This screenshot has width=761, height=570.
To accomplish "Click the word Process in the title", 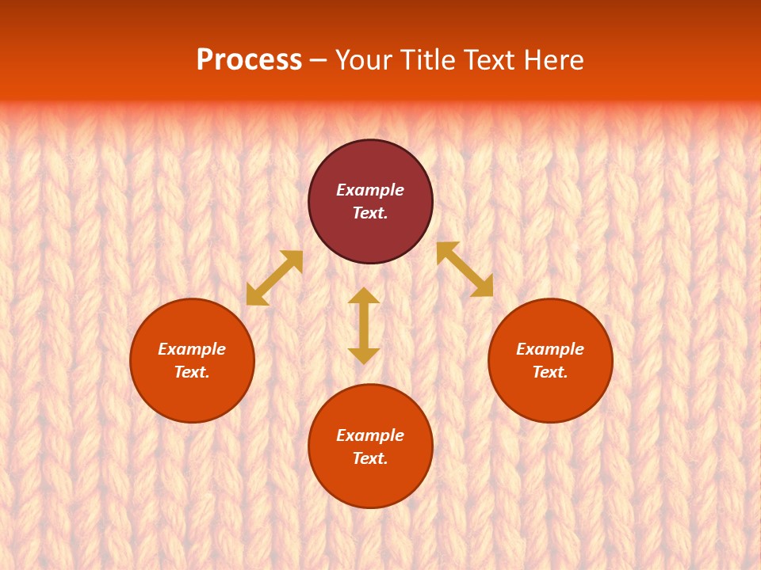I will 249,60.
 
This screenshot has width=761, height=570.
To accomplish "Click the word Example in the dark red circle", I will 370,190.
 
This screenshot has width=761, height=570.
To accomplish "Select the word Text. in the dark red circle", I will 370,213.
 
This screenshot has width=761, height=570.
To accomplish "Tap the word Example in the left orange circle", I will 192,349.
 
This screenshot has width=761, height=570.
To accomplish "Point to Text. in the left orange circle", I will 192,372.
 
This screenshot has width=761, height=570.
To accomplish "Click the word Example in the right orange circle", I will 550,349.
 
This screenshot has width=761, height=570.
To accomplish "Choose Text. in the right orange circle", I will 550,372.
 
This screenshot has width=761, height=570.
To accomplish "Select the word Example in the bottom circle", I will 370,435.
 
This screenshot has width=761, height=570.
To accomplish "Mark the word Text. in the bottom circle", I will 370,458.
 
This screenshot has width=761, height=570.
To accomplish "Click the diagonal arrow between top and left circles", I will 274,278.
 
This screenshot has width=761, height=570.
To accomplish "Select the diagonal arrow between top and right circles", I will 465,269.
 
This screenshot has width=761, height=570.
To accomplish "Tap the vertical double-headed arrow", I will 364,325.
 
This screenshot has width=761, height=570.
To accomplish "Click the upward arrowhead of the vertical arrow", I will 364,296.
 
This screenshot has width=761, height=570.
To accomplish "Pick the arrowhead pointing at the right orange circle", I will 483,287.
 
